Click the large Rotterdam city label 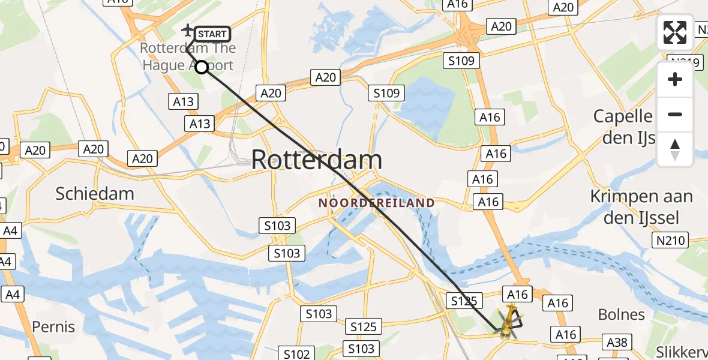[x=316, y=160]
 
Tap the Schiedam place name [x=95, y=193]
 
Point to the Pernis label [x=53, y=326]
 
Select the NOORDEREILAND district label [x=376, y=203]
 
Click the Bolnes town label [x=622, y=314]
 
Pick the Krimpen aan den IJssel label [x=641, y=206]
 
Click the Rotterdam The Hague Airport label [x=188, y=56]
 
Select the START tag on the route [x=212, y=34]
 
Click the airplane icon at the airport [x=188, y=29]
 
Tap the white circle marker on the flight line [x=202, y=67]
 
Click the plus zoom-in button [x=675, y=79]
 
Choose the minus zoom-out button [x=675, y=114]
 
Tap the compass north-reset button [x=675, y=149]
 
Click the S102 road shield [x=296, y=354]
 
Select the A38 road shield [x=617, y=343]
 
